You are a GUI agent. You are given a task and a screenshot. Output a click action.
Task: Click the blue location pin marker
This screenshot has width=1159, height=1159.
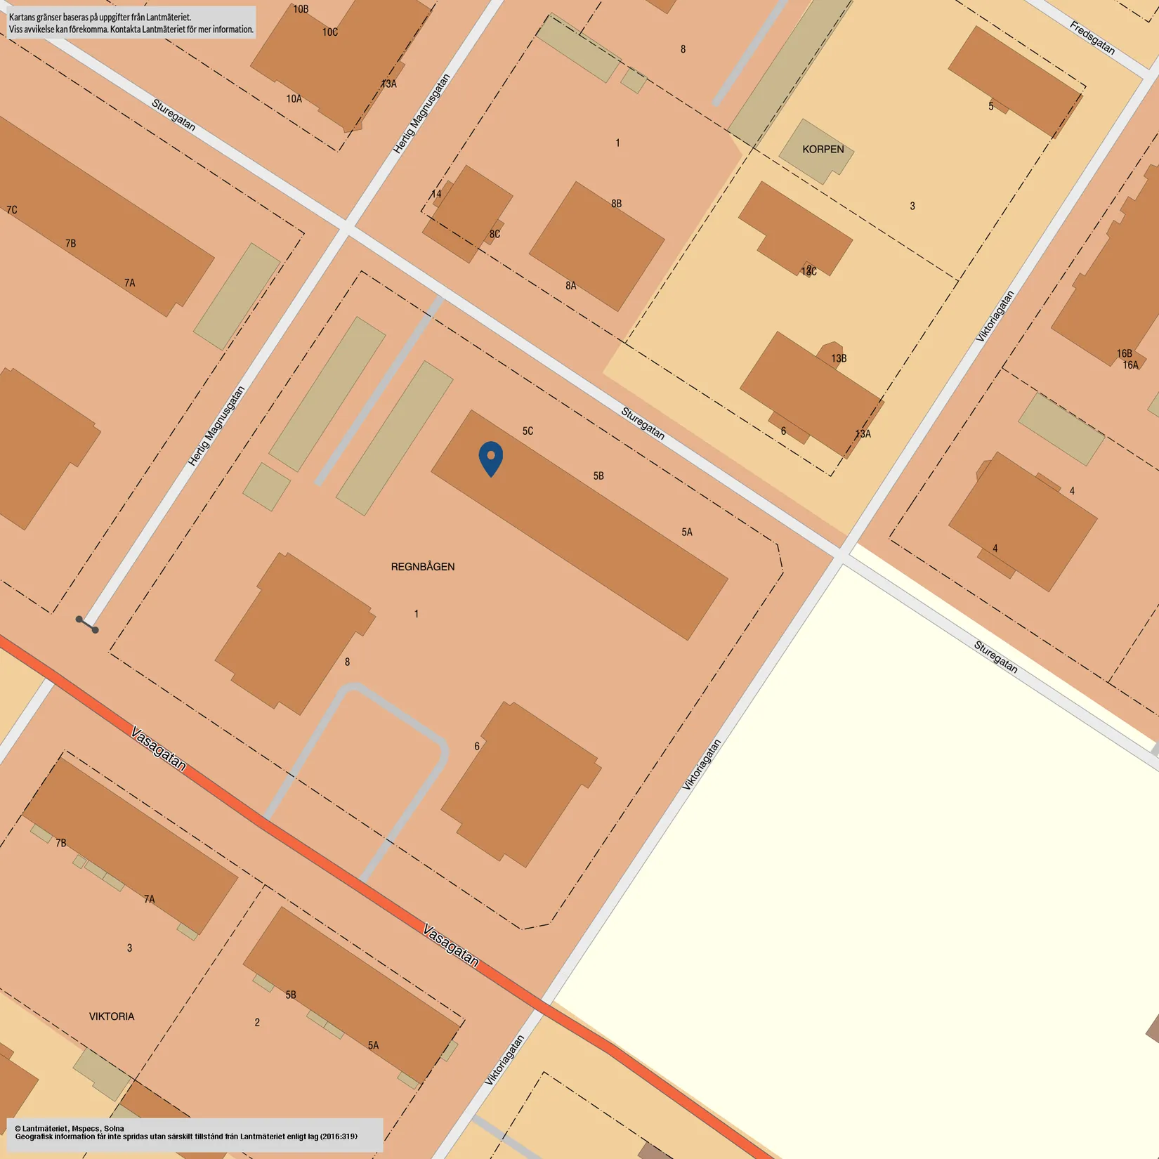click(491, 457)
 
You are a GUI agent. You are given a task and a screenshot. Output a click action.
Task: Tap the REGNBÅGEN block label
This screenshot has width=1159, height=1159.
click(423, 566)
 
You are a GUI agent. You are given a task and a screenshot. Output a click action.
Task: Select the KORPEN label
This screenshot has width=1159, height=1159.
click(823, 149)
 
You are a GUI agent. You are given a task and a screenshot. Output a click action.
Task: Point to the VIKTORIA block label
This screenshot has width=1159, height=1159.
click(112, 1016)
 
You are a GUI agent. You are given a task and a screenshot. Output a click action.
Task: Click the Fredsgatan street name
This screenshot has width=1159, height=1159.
click(1092, 38)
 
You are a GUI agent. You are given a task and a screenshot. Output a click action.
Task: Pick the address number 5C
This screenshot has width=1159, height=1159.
click(528, 431)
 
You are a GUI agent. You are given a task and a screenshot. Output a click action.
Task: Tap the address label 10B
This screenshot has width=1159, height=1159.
click(301, 9)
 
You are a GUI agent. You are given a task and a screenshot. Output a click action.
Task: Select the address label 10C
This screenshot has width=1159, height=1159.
click(330, 32)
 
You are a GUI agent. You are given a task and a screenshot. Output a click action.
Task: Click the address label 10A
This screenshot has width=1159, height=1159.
click(294, 99)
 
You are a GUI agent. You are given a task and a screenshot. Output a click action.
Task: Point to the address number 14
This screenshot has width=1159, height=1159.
click(436, 194)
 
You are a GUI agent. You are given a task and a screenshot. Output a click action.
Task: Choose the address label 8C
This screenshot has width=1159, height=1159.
click(495, 234)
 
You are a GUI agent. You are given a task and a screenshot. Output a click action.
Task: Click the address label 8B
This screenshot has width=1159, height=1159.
click(616, 204)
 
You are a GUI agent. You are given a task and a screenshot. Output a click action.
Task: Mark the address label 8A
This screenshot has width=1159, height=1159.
click(571, 285)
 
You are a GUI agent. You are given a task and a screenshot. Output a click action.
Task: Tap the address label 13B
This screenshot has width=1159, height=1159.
click(839, 358)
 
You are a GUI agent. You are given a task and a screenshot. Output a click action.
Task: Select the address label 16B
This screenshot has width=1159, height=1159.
click(1124, 353)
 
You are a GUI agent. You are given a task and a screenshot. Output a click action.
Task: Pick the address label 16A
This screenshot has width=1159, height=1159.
click(1130, 365)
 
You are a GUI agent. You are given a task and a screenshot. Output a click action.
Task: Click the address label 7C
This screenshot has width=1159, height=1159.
click(12, 209)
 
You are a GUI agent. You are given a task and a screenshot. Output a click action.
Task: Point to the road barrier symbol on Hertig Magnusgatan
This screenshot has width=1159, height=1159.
click(87, 624)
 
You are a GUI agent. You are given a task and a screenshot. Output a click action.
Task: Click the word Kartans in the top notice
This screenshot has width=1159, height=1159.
click(25, 17)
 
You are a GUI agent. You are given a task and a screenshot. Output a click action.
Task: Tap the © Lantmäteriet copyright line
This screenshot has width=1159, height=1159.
click(70, 1129)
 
